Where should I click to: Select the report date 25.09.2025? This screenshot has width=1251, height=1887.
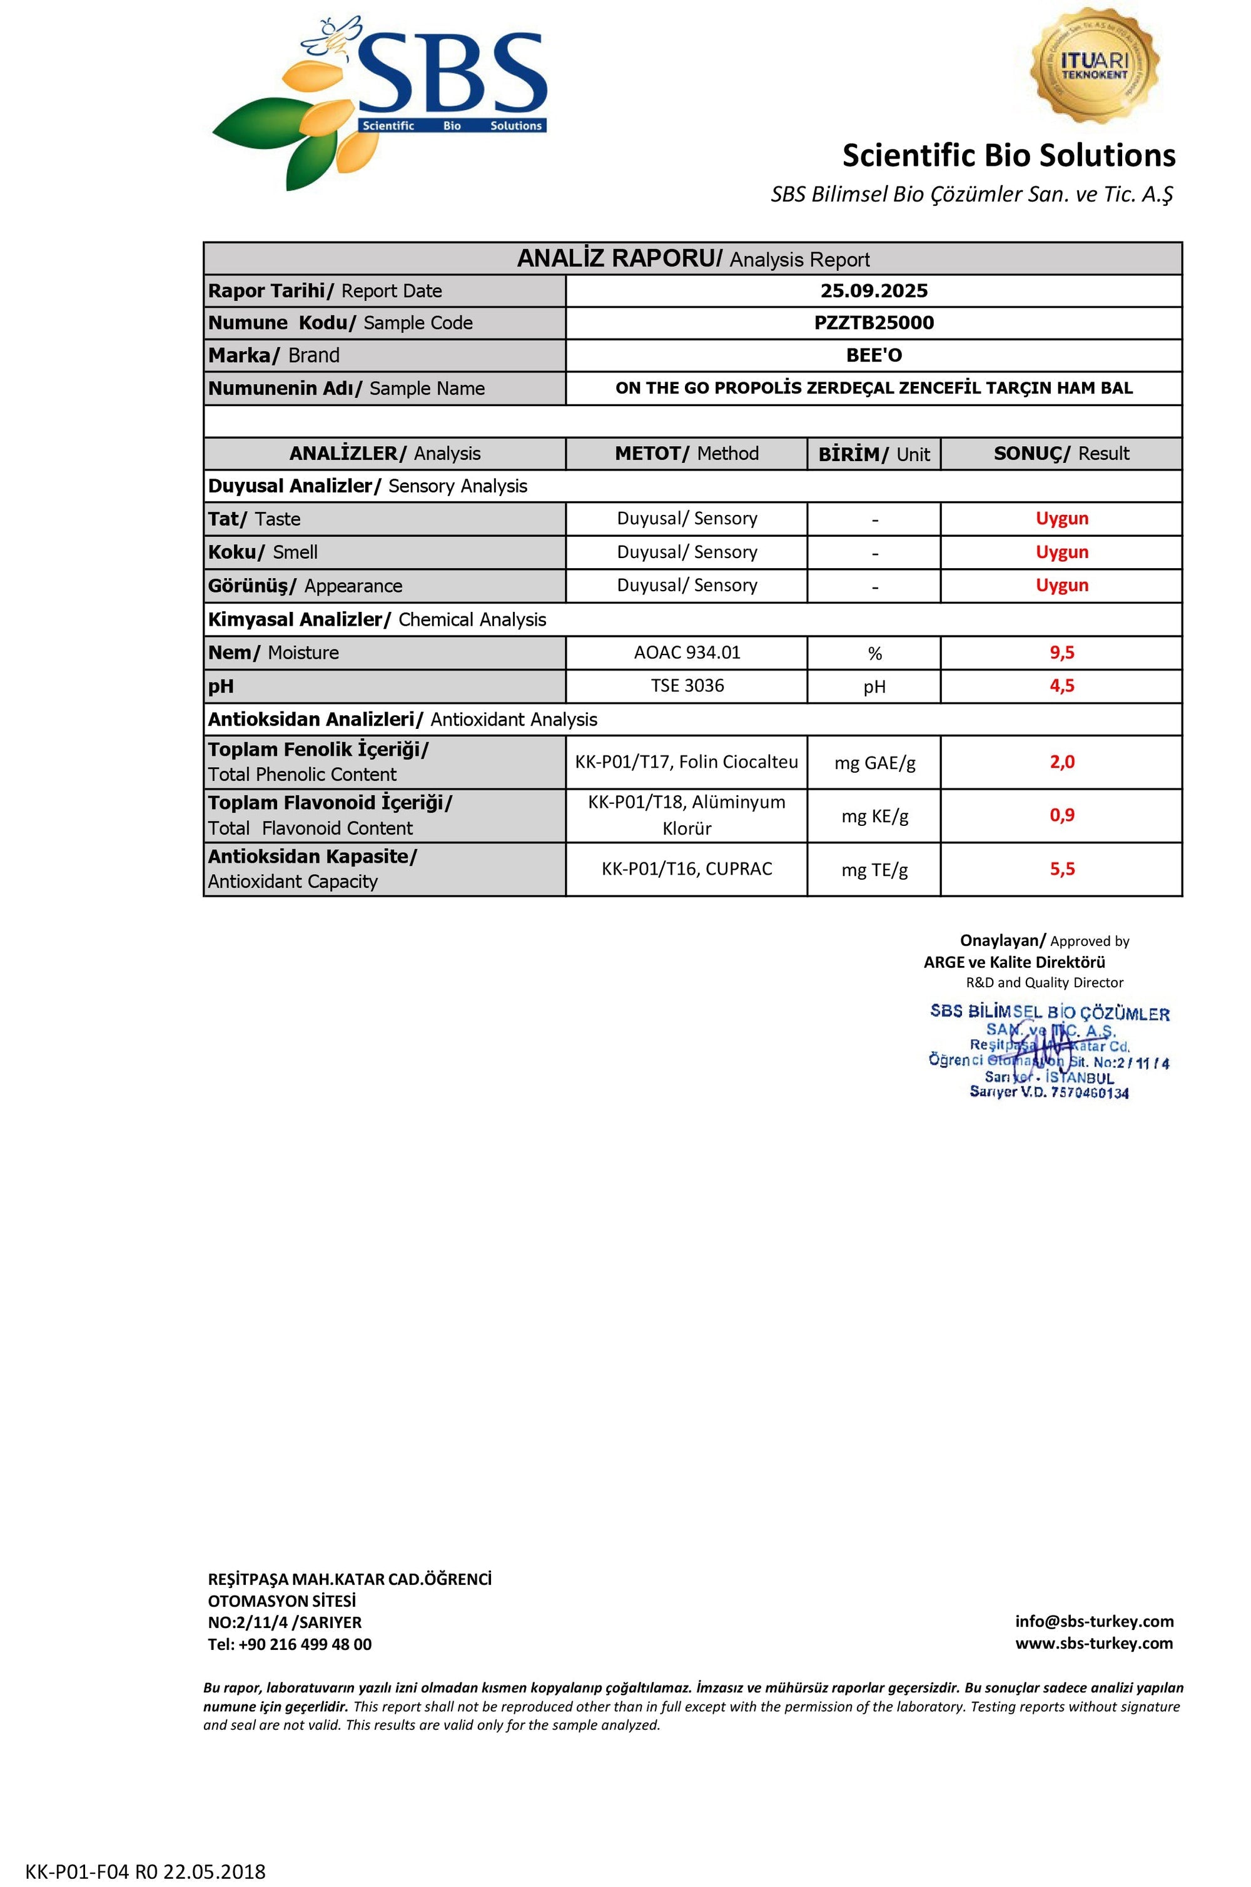point(874,290)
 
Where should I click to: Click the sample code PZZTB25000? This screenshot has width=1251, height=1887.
point(874,322)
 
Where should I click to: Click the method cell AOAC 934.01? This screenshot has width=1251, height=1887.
point(687,653)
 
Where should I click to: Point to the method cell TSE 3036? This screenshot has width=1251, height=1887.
point(687,685)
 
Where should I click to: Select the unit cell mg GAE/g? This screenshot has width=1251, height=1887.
point(874,763)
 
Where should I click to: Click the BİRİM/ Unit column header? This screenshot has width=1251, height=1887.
point(874,454)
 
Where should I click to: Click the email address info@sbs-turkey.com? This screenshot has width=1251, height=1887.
point(1094,1620)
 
